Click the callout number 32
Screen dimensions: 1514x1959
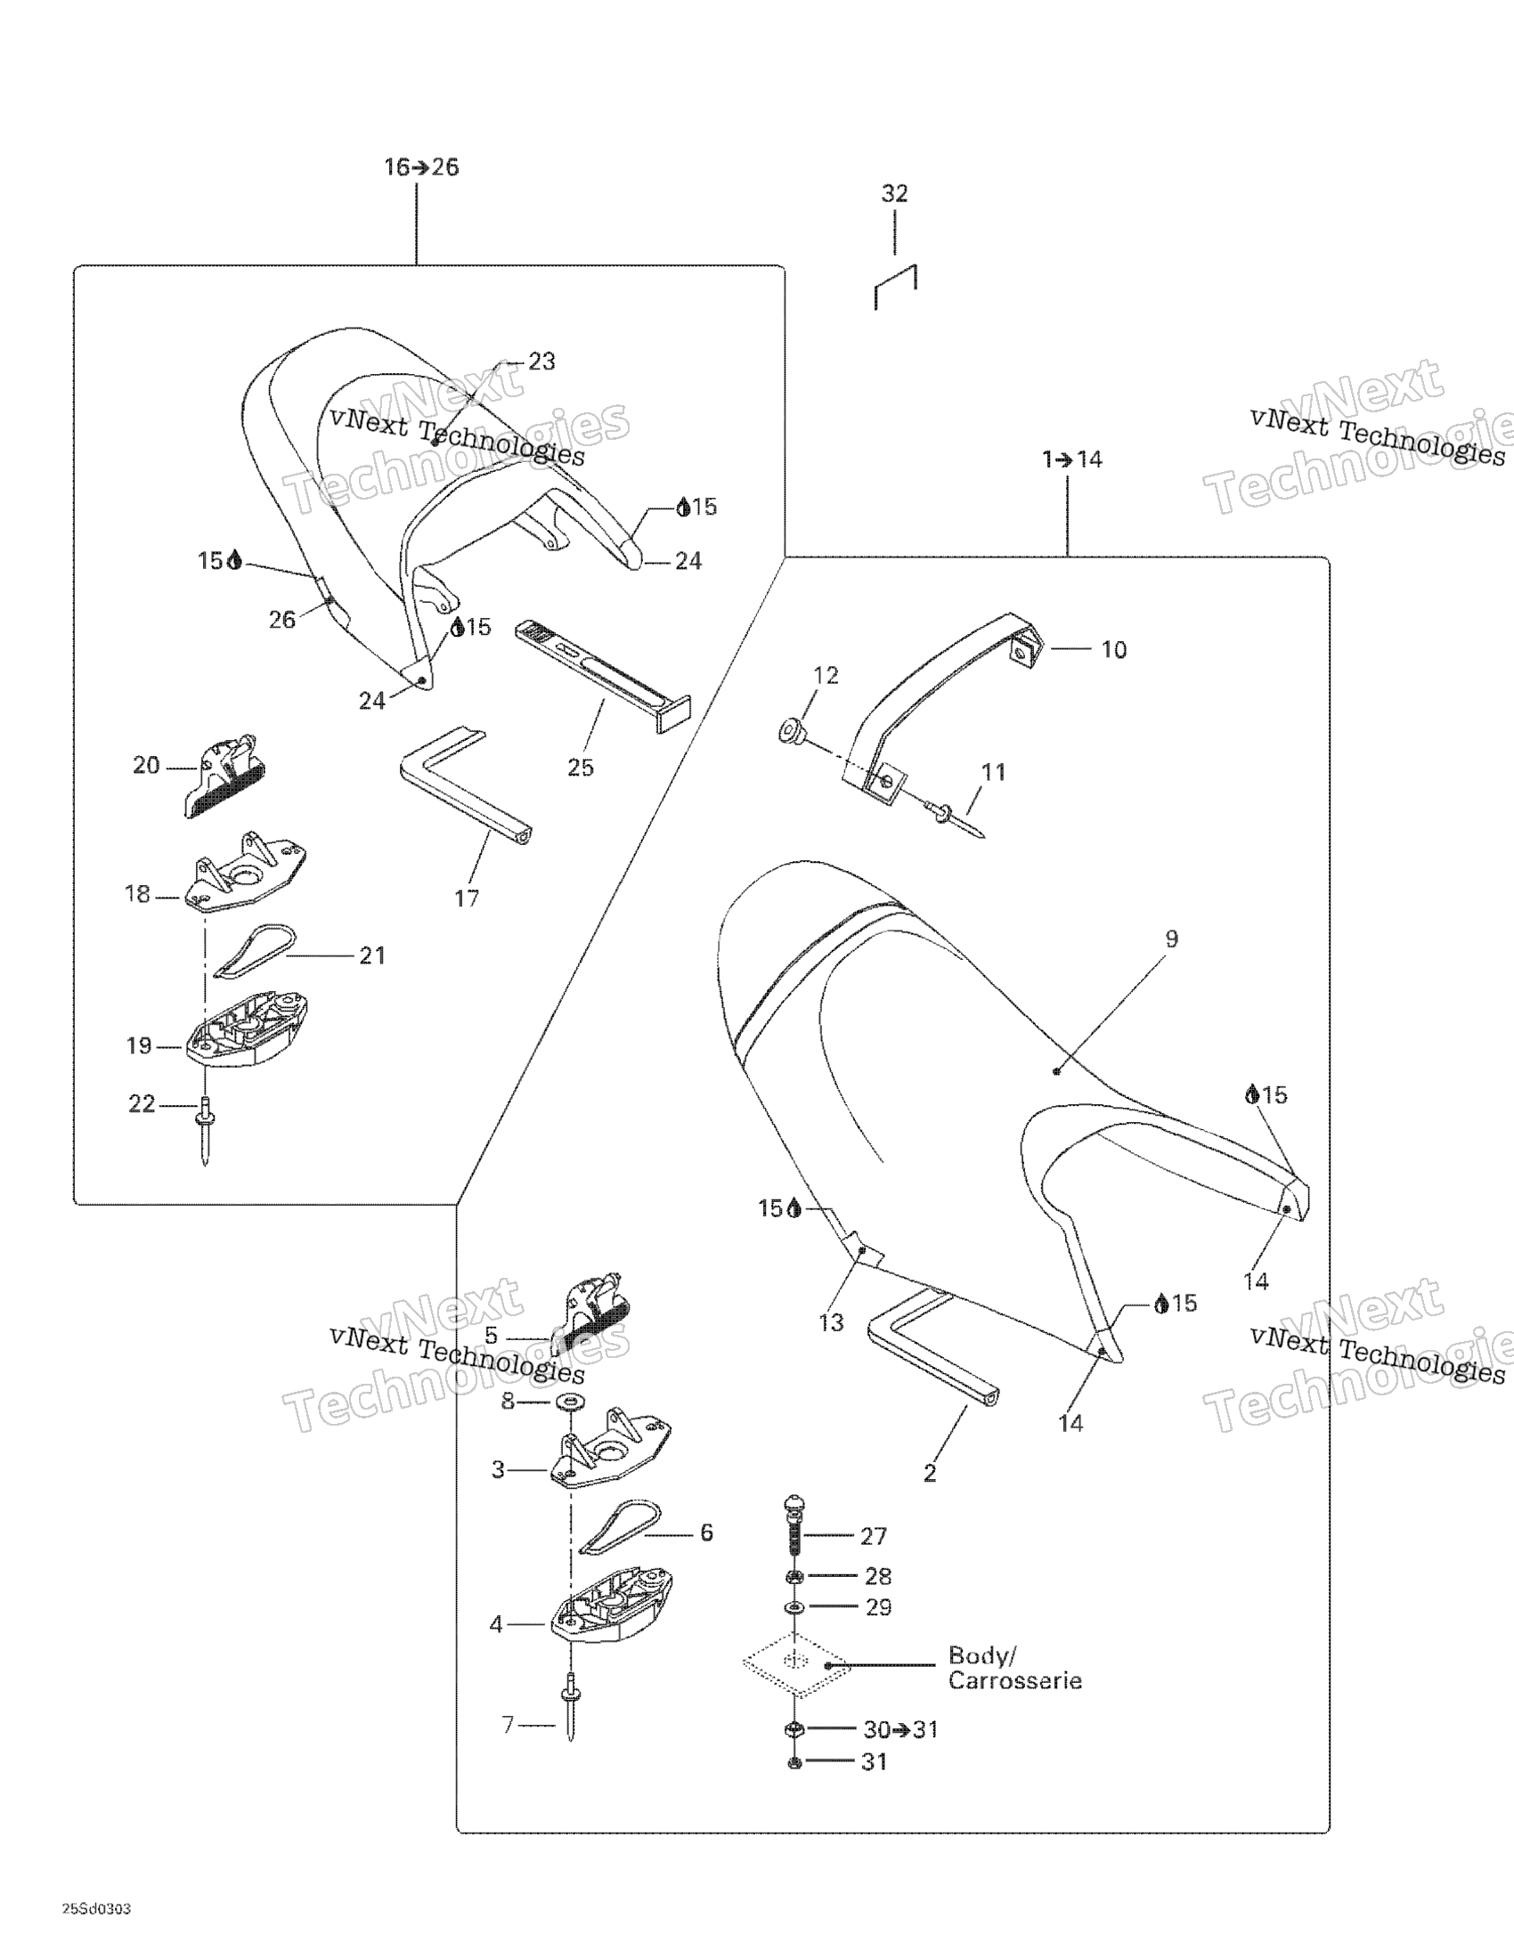click(x=894, y=193)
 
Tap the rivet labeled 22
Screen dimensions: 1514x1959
click(x=206, y=1131)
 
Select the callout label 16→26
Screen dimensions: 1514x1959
click(x=421, y=167)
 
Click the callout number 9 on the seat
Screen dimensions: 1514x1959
click(x=1171, y=939)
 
